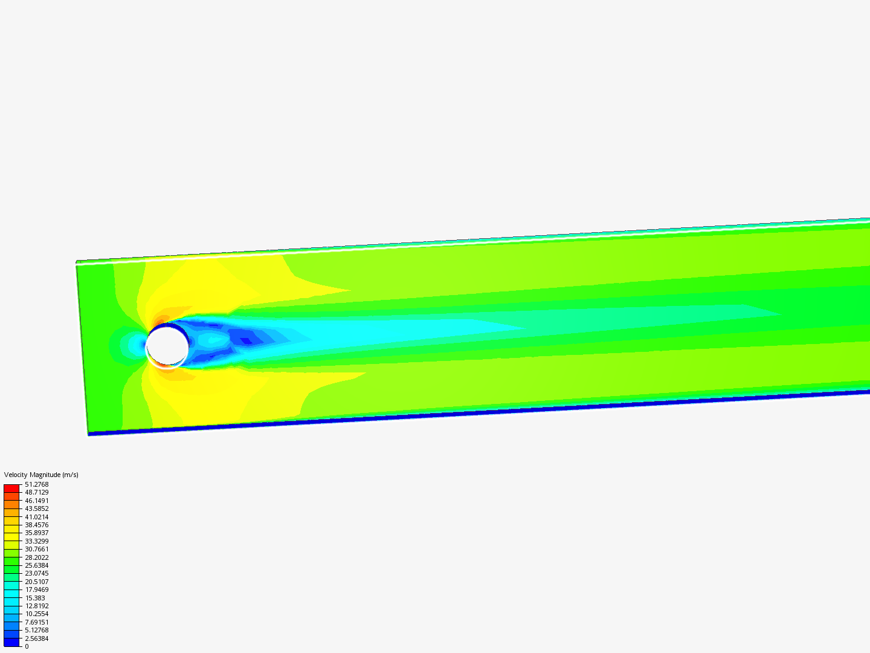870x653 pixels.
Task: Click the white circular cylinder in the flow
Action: pos(167,345)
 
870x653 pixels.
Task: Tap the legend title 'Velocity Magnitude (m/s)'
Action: pos(41,475)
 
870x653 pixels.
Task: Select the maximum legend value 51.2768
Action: pos(36,484)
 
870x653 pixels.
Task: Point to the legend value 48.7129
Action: pos(36,493)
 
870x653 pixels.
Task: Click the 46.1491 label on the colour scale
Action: pos(36,501)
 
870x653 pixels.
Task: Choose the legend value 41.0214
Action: pos(36,517)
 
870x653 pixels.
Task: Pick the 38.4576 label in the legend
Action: pos(36,525)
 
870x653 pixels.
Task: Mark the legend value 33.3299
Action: pos(36,541)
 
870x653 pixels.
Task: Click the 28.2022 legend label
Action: pos(36,557)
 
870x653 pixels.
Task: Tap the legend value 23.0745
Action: pos(36,573)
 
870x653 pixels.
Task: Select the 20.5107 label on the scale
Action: pos(36,582)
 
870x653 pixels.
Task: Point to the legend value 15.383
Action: pos(34,598)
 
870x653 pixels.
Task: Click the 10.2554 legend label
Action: pos(36,614)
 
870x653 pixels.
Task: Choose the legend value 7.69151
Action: pos(36,622)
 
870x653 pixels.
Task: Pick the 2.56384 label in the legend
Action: pos(36,638)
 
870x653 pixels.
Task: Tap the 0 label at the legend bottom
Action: pos(27,646)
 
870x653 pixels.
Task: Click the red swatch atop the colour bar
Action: pos(11,488)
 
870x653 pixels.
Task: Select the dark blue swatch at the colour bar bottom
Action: pos(11,642)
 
